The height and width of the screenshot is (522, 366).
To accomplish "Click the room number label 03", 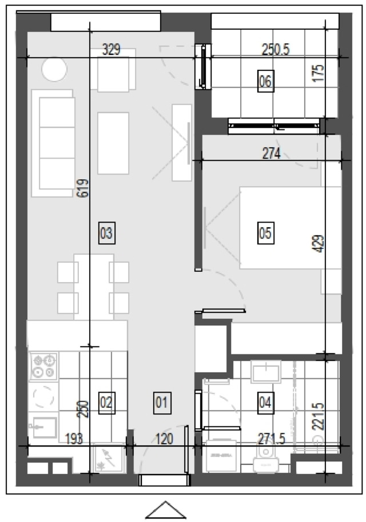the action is point(107,233).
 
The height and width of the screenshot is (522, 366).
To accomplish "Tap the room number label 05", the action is point(266,233).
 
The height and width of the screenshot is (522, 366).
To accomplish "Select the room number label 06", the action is point(266,81).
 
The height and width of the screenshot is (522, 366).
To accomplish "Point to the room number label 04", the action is point(266,403).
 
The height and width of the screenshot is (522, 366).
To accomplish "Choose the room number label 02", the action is point(107,403).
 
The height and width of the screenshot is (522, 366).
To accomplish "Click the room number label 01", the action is point(162,403).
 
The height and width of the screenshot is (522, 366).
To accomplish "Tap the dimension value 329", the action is point(111,50).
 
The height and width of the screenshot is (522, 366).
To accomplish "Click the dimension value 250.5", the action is point(276,50).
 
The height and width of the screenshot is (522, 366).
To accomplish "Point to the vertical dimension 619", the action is point(83,188).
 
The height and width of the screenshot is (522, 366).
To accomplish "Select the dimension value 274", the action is point(272,154).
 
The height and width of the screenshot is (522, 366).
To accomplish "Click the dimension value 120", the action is point(164,439).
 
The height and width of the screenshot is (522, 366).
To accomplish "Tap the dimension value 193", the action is point(74,439).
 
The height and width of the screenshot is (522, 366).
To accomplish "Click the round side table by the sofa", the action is point(54,70).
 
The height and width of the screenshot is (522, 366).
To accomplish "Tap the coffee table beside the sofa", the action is point(113,143).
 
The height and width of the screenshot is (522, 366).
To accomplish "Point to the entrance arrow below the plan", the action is point(166,509).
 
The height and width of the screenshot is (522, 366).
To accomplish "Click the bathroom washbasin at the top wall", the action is point(266,372).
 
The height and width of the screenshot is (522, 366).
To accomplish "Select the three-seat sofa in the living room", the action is point(53,143).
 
